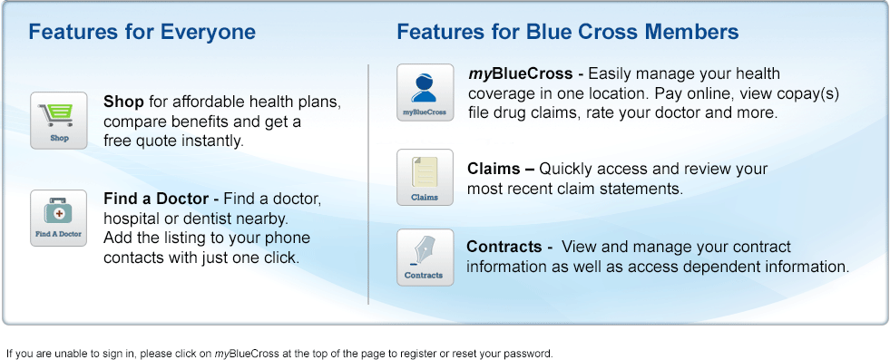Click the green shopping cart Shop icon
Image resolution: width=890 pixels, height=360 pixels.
58,121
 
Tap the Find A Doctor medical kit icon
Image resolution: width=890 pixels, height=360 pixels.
58,219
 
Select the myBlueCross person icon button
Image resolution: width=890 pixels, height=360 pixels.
425,92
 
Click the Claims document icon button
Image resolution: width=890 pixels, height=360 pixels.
425,178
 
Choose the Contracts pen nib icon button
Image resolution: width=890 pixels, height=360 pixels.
425,258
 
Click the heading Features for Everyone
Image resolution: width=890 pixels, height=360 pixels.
142,32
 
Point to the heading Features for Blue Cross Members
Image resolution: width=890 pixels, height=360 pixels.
568,32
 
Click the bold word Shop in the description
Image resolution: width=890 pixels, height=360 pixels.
123,102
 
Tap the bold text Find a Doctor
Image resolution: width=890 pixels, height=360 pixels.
156,199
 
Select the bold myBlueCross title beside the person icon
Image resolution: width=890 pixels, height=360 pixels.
521,74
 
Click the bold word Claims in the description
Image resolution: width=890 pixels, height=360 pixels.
494,169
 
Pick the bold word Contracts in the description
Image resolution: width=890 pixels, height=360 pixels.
504,248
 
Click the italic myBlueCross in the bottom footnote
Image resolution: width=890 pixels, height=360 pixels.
247,354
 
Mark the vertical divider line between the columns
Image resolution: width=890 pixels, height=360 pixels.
369,184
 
